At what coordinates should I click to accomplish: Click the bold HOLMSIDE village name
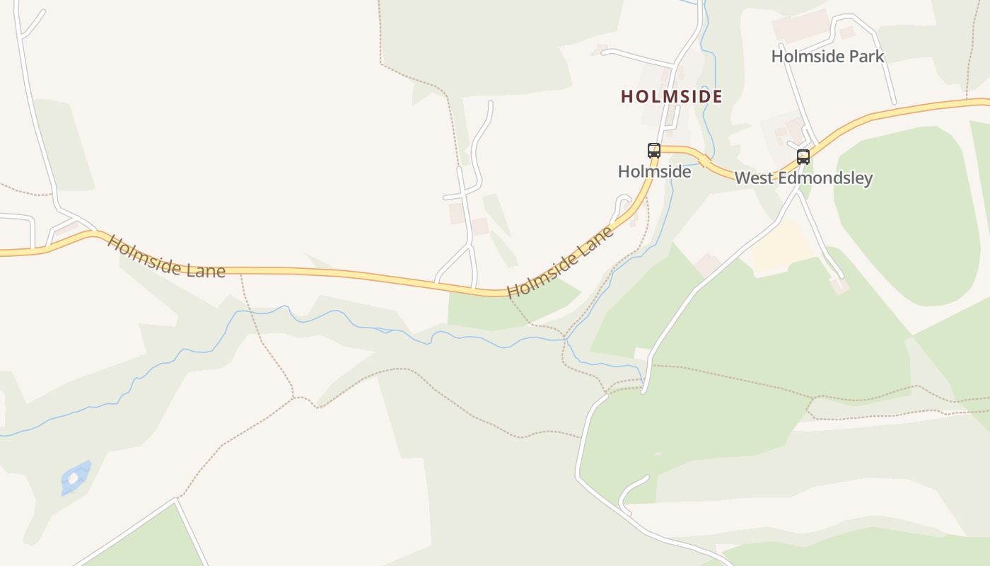click(672, 96)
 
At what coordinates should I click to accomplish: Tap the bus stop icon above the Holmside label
click(654, 150)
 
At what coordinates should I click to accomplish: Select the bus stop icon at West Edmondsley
click(803, 156)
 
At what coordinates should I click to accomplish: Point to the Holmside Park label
click(827, 56)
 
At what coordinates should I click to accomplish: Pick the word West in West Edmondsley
click(752, 178)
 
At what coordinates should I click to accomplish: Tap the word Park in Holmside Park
click(867, 56)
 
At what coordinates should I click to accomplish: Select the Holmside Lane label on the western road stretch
click(166, 256)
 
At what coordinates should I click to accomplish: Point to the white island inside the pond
click(73, 478)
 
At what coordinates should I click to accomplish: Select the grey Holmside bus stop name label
click(654, 171)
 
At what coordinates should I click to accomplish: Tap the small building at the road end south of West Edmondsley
click(839, 285)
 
